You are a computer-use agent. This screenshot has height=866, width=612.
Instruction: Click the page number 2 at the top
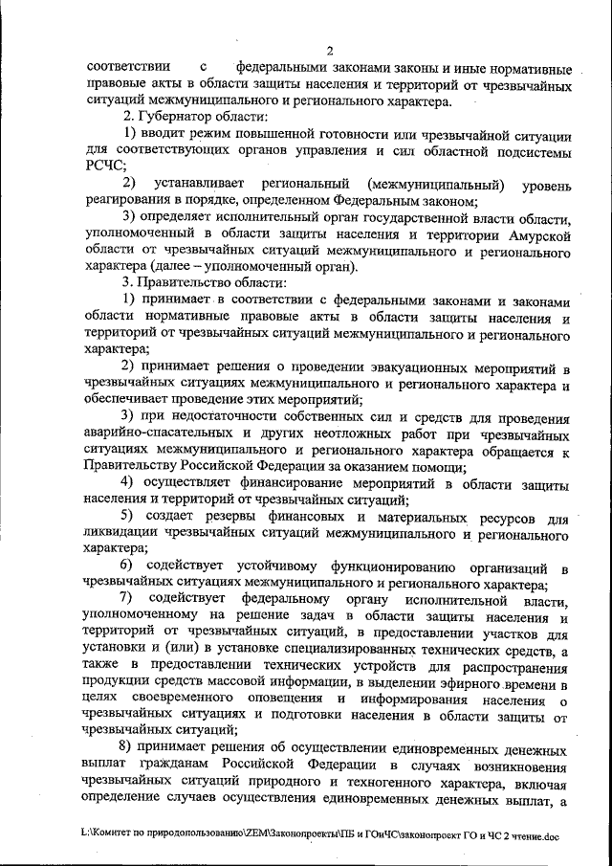[328, 52]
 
